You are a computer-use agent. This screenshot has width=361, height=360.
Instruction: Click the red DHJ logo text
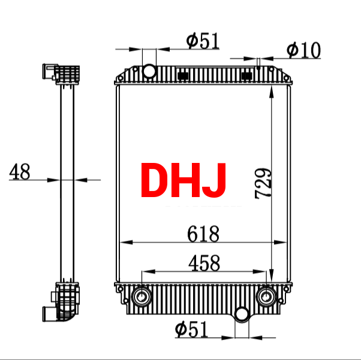tap(183, 180)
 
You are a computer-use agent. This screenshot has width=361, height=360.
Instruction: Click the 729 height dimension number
tap(263, 183)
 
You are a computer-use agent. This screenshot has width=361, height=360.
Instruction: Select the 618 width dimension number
tap(203, 234)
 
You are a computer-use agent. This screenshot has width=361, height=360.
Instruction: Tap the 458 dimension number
tap(204, 263)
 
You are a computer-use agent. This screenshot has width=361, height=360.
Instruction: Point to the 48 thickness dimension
tap(20, 171)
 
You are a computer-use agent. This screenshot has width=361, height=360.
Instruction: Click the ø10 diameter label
tap(303, 50)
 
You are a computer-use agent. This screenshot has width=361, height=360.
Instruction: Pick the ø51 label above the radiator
tap(203, 41)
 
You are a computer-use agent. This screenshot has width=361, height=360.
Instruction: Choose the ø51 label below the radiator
tap(191, 329)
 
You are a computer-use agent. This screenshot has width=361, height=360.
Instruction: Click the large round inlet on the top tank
tap(149, 71)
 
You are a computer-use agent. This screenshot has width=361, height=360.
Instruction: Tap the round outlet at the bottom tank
tap(242, 314)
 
